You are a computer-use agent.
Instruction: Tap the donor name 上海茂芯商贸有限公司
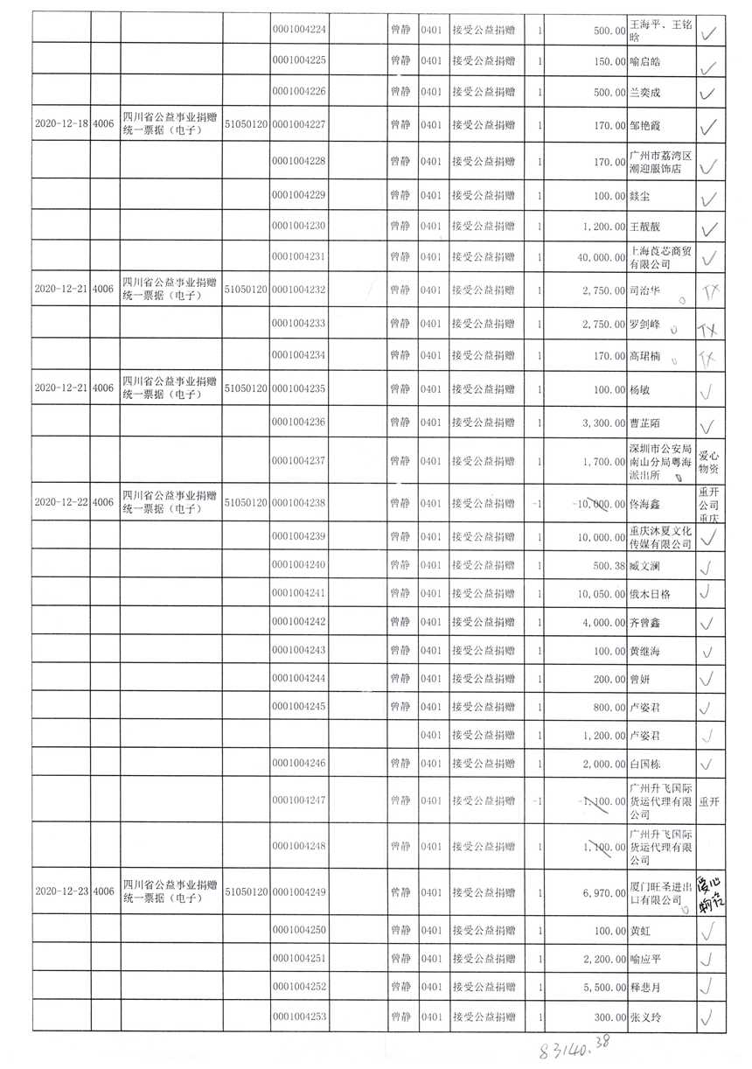coord(661,257)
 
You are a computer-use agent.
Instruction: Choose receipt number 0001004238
coord(299,503)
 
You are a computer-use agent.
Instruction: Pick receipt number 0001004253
coord(299,1017)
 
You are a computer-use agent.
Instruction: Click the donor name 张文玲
coord(646,1017)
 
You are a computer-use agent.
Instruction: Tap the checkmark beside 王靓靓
coord(710,227)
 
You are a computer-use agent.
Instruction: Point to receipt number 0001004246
coord(299,764)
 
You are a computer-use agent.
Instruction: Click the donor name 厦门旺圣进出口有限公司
coord(661,892)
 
